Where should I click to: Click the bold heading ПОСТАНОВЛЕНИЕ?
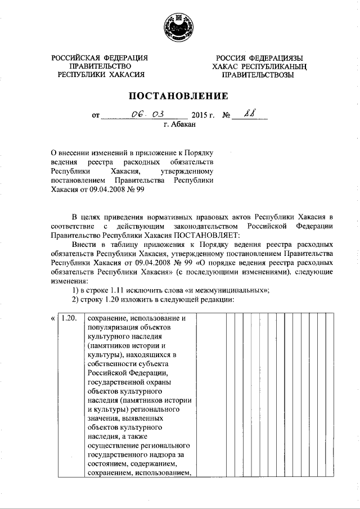pyautogui.click(x=179, y=96)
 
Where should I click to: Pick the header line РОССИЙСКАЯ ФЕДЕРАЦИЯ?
pyautogui.click(x=100, y=58)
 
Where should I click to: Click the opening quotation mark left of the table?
pyautogui.click(x=52, y=318)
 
